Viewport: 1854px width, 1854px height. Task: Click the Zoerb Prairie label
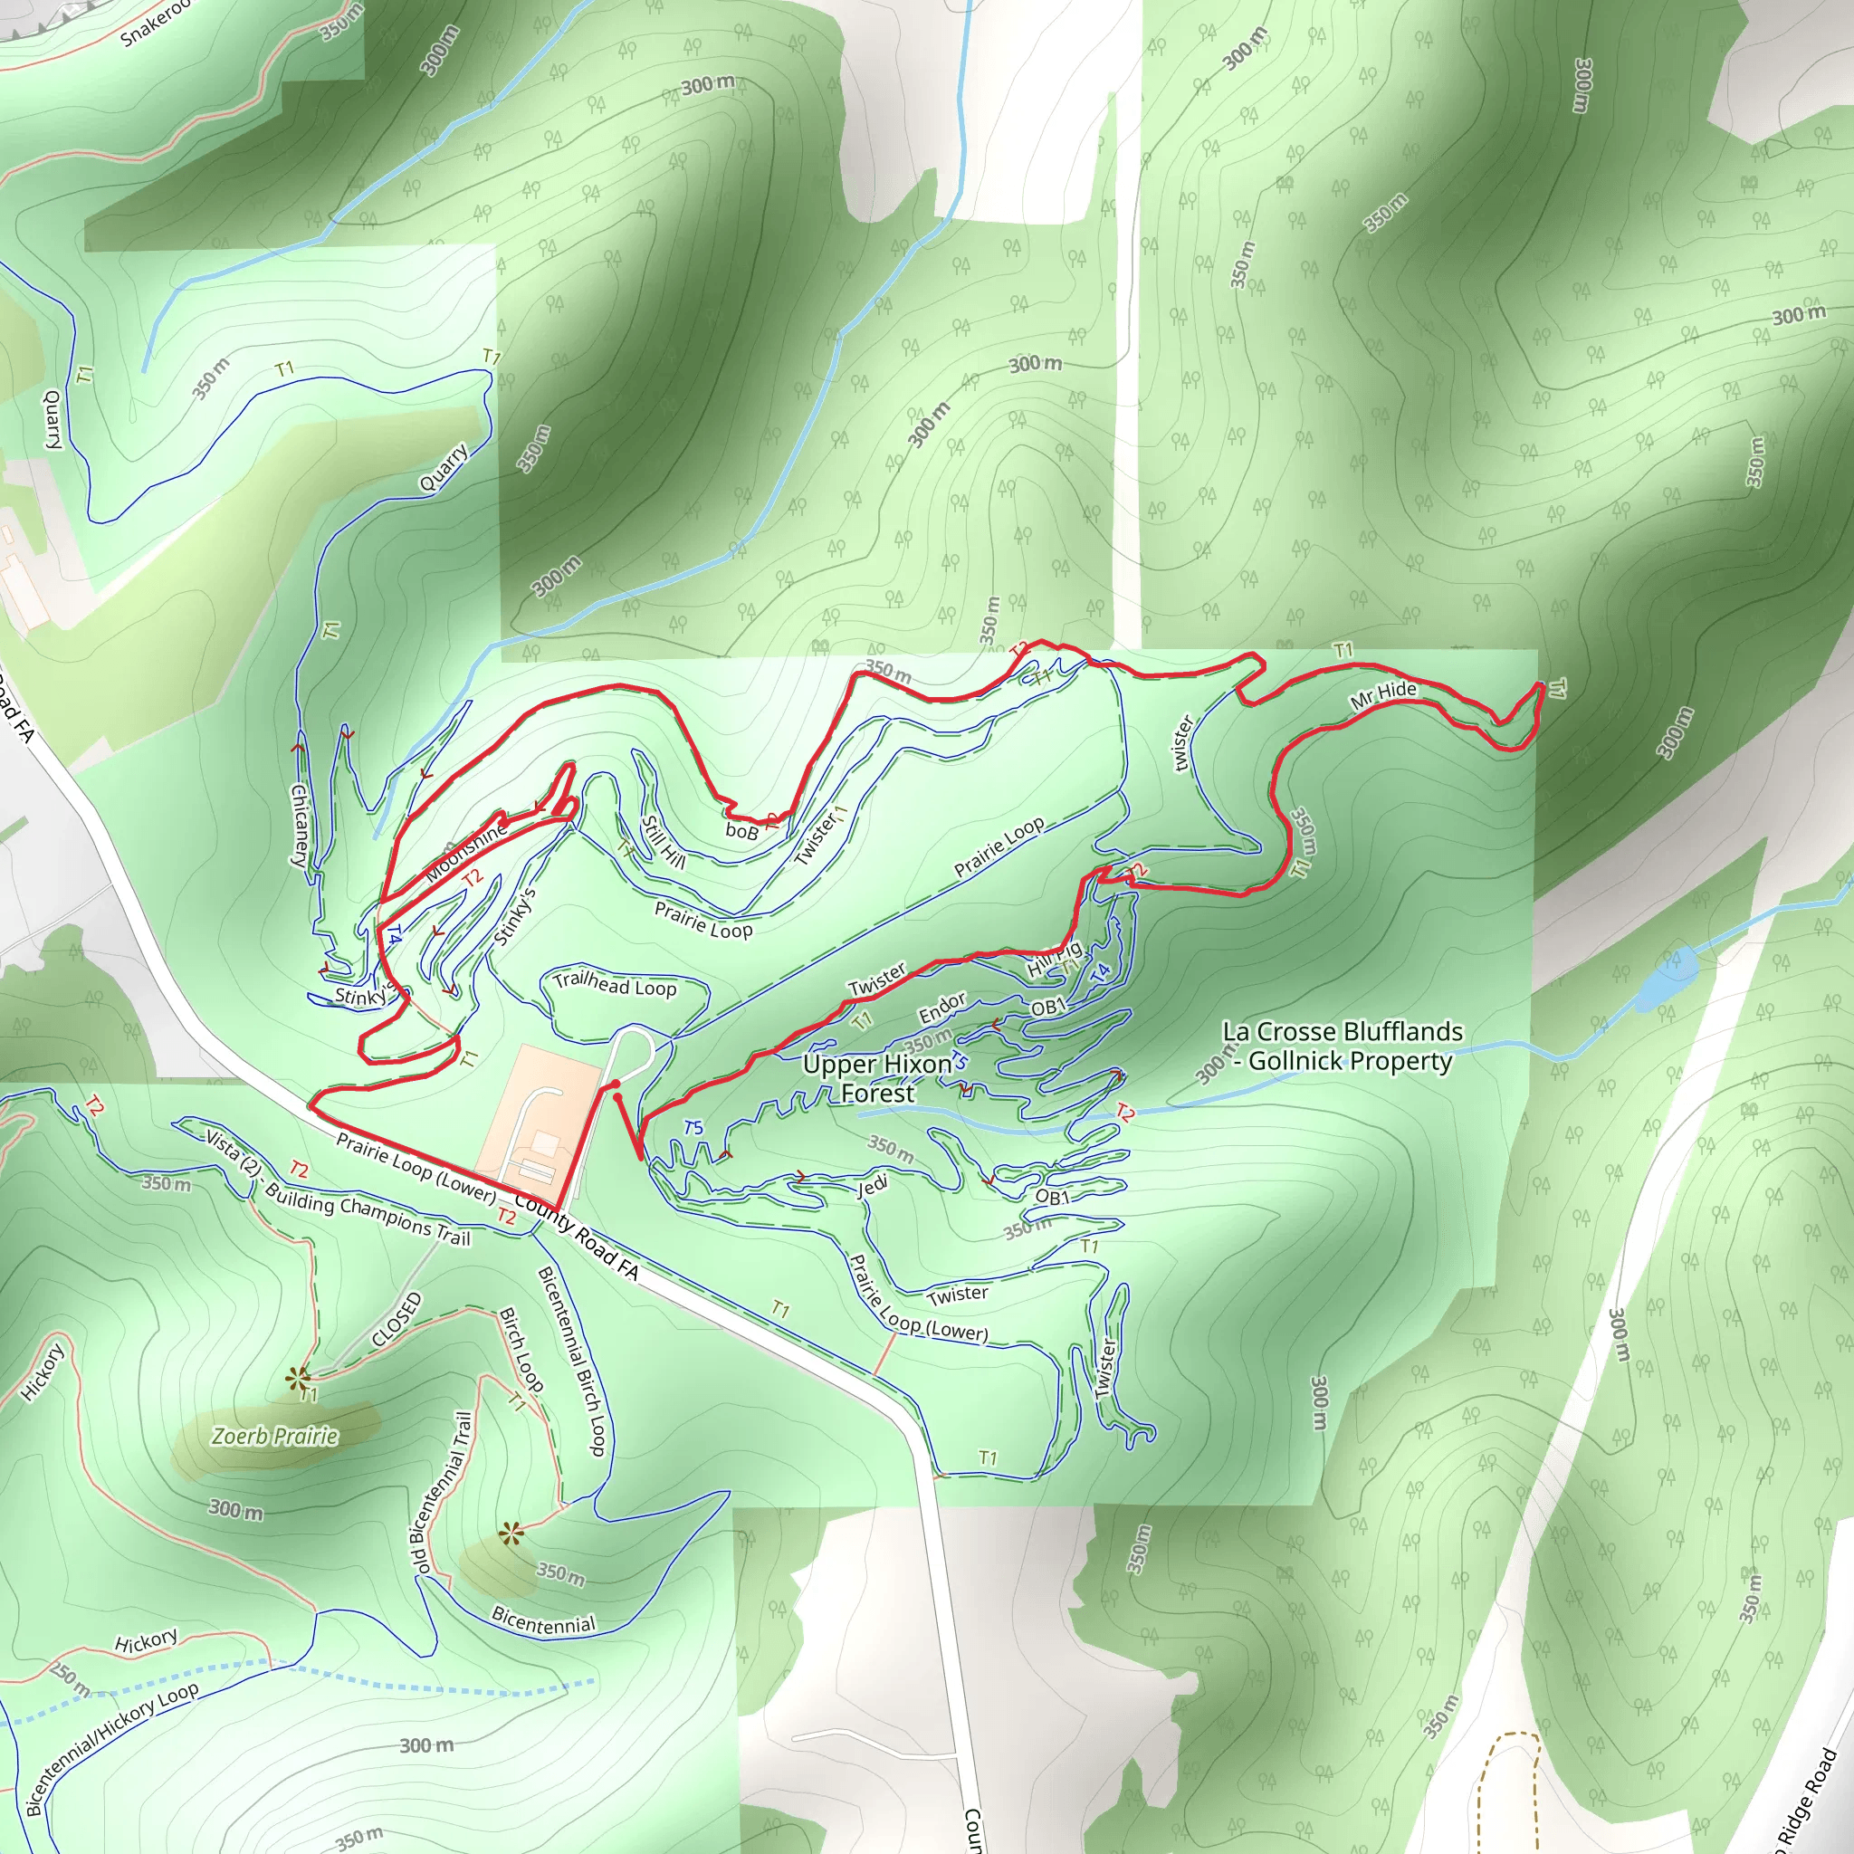(x=274, y=1437)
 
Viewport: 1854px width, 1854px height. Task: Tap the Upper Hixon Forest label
(x=877, y=1078)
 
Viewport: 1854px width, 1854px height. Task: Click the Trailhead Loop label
(x=614, y=985)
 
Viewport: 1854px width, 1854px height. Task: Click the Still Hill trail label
(x=663, y=842)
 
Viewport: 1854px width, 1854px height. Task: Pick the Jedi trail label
(x=872, y=1187)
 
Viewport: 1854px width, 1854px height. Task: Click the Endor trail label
(x=941, y=1008)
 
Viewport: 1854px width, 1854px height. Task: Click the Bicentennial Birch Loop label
(x=572, y=1360)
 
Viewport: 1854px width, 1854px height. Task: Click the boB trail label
(x=741, y=830)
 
